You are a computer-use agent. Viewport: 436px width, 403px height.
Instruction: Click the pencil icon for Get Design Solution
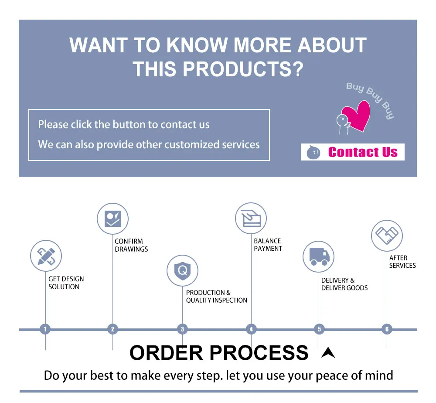click(46, 256)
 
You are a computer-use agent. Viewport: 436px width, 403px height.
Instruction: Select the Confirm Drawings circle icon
click(112, 219)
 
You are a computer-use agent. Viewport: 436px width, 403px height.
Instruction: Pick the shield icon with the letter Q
click(182, 270)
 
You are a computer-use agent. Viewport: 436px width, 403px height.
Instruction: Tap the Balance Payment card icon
click(251, 219)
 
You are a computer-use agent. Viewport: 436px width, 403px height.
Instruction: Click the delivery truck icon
click(319, 256)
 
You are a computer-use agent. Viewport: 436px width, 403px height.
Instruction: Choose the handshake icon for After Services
click(387, 236)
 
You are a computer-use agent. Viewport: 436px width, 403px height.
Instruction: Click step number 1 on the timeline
click(45, 329)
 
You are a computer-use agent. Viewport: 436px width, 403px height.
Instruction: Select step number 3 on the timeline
click(182, 329)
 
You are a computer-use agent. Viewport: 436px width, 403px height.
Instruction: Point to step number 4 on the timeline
click(251, 329)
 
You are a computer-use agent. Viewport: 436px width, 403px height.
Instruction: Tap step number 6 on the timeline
click(387, 329)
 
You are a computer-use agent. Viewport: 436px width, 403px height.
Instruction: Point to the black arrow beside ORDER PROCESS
click(328, 353)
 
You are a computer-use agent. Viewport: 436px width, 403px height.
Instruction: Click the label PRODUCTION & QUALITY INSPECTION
click(216, 296)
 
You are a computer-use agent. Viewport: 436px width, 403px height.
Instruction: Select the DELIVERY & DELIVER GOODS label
click(344, 284)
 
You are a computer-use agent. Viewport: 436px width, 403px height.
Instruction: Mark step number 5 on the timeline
click(319, 329)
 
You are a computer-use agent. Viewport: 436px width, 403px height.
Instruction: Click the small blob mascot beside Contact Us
click(313, 152)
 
